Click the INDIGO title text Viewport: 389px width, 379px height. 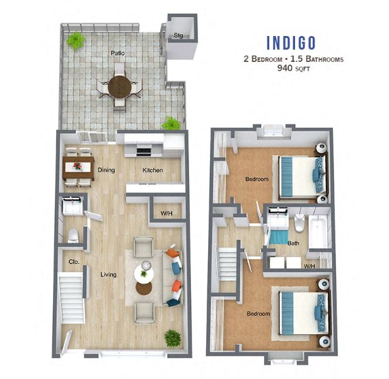pyautogui.click(x=291, y=43)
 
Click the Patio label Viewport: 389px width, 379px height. pyautogui.click(x=117, y=53)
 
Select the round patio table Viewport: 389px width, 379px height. pyautogui.click(x=119, y=85)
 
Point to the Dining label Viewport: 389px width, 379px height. pyautogui.click(x=105, y=170)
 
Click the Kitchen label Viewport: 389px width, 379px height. pyautogui.click(x=152, y=170)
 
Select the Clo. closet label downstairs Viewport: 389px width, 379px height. pyautogui.click(x=73, y=261)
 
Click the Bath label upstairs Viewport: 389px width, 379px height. pyautogui.click(x=293, y=243)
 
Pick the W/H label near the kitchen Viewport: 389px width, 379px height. pyautogui.click(x=166, y=214)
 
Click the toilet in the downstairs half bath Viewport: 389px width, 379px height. pyautogui.click(x=73, y=236)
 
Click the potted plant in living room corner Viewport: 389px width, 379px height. pyautogui.click(x=172, y=338)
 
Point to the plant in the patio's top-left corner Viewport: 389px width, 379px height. pyautogui.click(x=76, y=41)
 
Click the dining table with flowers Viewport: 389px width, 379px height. pyautogui.click(x=79, y=167)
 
